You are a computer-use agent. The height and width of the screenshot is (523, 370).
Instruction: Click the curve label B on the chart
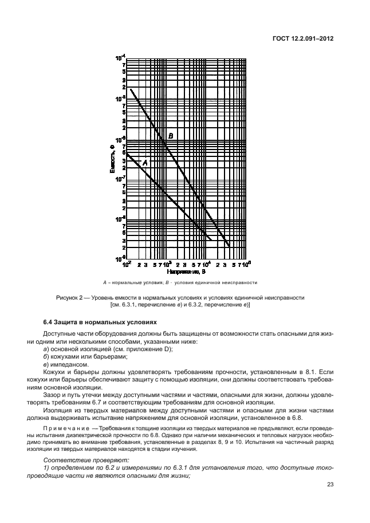pos(170,135)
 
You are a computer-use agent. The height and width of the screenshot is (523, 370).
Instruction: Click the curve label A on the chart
pos(145,163)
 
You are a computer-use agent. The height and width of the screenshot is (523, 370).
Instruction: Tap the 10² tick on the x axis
pos(128,265)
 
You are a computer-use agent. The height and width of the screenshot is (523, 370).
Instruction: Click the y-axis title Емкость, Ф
pos(113,160)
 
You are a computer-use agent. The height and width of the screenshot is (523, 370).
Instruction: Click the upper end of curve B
pos(131,88)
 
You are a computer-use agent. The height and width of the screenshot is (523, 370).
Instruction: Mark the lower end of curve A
pos(211,239)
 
